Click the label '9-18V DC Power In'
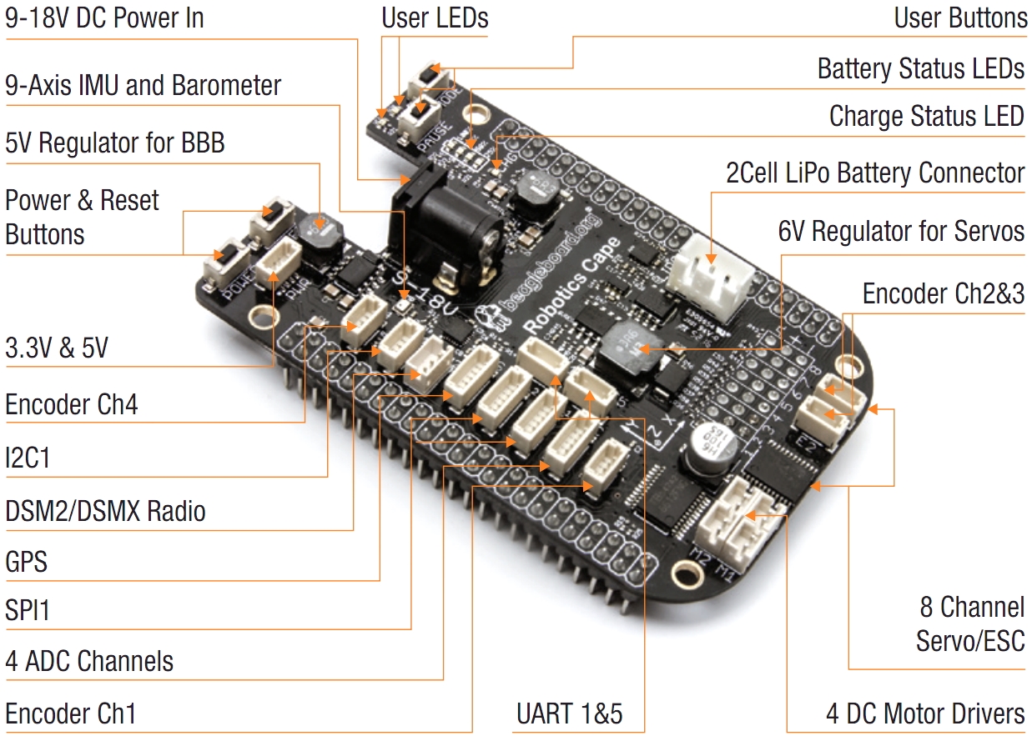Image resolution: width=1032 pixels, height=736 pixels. coord(104,18)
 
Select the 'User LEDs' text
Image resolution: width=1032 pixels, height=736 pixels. coord(435,18)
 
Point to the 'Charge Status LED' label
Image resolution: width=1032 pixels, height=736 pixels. coord(926,117)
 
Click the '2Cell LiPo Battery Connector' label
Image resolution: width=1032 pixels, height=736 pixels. coord(875,173)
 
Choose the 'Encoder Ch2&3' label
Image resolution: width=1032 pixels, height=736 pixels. coord(943,294)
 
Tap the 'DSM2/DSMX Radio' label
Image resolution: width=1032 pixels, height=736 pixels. coord(105,511)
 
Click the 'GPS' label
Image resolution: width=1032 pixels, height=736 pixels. coord(27,562)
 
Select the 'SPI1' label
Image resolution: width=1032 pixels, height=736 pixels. coord(28,611)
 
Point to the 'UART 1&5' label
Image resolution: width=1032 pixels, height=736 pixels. coord(569,714)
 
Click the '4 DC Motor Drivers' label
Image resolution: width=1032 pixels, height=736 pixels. coord(925,714)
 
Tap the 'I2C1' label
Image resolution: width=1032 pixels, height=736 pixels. coord(28,458)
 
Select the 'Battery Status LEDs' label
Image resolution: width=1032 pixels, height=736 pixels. coord(920,68)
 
